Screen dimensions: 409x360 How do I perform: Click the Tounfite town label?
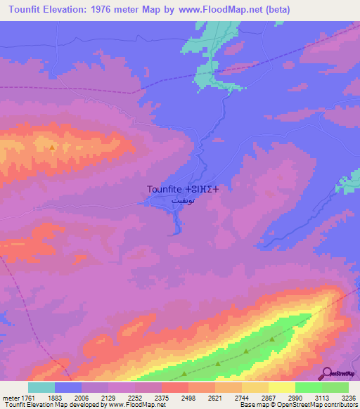point(165,189)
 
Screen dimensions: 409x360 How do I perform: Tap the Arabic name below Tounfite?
point(182,200)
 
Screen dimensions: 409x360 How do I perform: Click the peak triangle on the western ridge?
point(52,148)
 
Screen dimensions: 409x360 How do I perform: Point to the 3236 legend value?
point(349,398)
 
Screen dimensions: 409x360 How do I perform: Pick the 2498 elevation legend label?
point(188,398)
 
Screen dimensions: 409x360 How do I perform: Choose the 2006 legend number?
point(82,398)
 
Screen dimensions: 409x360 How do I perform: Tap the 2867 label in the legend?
point(269,398)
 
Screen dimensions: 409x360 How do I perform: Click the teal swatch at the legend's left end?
point(41,387)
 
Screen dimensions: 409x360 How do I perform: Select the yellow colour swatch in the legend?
point(282,387)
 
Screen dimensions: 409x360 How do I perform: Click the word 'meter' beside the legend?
point(8,398)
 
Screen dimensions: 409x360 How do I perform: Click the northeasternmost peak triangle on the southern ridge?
point(271,339)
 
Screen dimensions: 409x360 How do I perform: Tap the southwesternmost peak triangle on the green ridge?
point(184,375)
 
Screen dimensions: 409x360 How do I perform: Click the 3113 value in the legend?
point(322,398)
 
